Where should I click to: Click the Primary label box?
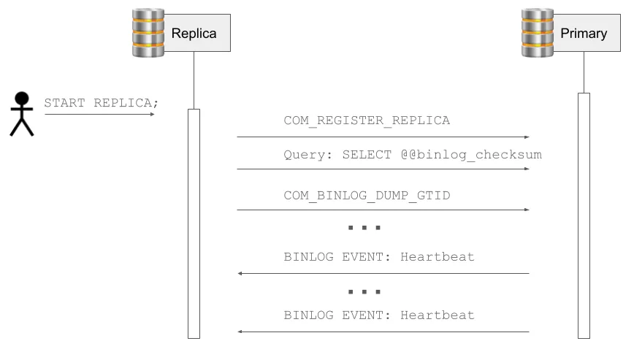click(x=584, y=34)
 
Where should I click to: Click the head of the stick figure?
click(x=22, y=99)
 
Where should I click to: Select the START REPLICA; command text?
click(x=101, y=102)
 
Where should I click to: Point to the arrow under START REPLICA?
click(x=99, y=114)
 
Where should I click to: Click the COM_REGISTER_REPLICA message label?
click(x=367, y=120)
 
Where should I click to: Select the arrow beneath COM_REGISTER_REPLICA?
click(x=383, y=137)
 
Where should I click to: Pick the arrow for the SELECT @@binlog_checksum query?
click(x=383, y=169)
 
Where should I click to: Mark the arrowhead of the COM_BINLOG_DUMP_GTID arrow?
click(x=526, y=210)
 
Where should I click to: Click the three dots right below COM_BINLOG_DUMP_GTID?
click(x=364, y=228)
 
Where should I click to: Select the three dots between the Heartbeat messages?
click(x=364, y=291)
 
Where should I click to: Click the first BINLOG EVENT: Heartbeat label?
click(x=378, y=257)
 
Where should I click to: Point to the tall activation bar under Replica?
click(x=194, y=223)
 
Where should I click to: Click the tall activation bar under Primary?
click(x=584, y=215)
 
